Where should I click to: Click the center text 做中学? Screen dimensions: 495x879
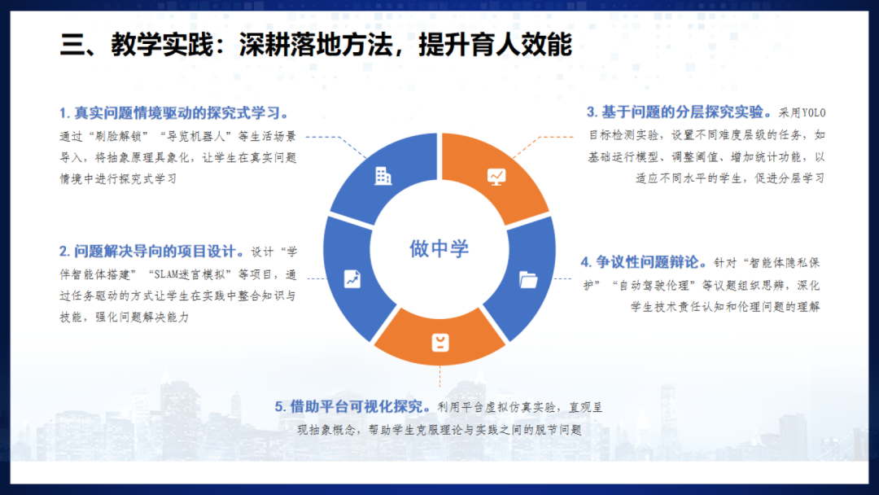439,248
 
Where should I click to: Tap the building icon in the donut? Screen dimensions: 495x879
383,175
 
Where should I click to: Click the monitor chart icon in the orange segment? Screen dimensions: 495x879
496,175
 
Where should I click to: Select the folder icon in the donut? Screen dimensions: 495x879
528,280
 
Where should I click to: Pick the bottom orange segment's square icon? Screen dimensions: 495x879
440,342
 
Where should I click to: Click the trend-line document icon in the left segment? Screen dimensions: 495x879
352,278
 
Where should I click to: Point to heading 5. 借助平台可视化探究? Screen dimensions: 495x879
352,406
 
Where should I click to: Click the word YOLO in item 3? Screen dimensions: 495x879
814,113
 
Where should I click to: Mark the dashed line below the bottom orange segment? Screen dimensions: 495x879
440,377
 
